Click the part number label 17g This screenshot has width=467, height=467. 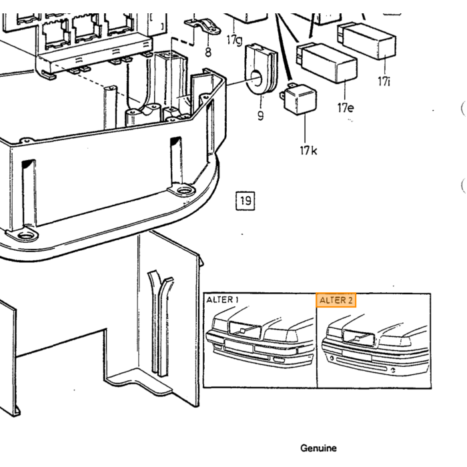click(x=234, y=40)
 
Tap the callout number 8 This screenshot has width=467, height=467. click(x=208, y=52)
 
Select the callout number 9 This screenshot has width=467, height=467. click(x=261, y=115)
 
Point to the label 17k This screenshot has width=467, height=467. click(x=308, y=150)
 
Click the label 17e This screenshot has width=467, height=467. click(x=346, y=107)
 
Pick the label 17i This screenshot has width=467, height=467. click(x=384, y=81)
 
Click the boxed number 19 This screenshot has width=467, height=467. click(x=246, y=201)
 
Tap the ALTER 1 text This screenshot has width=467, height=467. click(x=222, y=300)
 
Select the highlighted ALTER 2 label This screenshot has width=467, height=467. click(x=336, y=300)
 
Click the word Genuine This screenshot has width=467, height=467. click(x=318, y=448)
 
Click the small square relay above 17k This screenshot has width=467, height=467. click(x=298, y=99)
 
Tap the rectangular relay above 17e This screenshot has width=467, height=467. click(x=327, y=63)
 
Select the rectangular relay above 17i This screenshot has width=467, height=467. click(x=367, y=41)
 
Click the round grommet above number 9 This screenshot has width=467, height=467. click(x=262, y=69)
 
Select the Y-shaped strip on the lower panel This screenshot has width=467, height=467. click(x=160, y=323)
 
